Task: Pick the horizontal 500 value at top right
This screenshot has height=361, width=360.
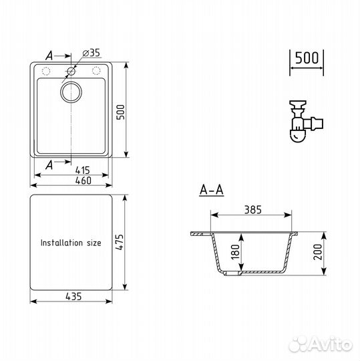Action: [x=307, y=58]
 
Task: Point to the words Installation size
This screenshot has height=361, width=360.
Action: [x=70, y=243]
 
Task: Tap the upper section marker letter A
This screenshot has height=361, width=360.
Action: [x=49, y=54]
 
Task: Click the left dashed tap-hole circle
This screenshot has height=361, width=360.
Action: [x=46, y=71]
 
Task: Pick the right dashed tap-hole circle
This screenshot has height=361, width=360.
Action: [x=96, y=71]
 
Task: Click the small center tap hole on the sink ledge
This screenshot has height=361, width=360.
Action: [x=71, y=71]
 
